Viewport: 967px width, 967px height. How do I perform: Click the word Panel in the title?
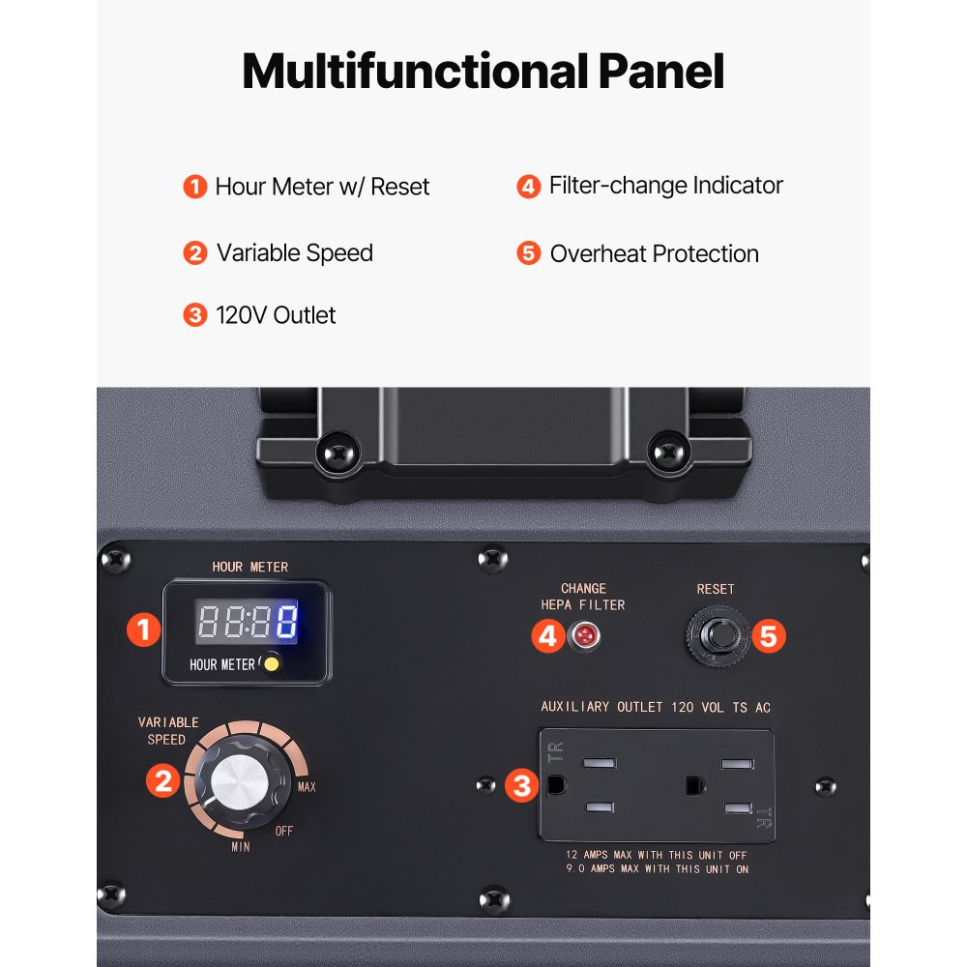tap(661, 72)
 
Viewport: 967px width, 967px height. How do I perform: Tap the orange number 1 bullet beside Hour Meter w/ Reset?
tap(195, 187)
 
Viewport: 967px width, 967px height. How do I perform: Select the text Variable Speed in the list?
tap(295, 253)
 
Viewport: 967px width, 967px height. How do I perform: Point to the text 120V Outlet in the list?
tap(276, 315)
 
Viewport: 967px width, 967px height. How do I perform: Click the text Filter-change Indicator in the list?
tap(666, 186)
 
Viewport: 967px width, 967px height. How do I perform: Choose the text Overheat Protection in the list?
tap(655, 254)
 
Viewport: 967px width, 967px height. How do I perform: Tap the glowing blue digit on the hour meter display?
tap(287, 621)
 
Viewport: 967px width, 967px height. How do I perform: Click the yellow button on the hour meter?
tap(272, 663)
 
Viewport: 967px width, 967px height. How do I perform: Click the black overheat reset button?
tap(718, 635)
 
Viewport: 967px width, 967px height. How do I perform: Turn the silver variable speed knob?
tap(241, 781)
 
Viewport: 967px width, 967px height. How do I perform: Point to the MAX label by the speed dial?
tap(307, 787)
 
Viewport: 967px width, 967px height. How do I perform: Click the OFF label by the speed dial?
tap(283, 832)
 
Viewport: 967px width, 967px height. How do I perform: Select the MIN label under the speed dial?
tap(241, 847)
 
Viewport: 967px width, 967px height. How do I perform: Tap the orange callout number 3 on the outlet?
tap(522, 785)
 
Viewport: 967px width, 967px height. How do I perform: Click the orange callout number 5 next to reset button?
tap(769, 636)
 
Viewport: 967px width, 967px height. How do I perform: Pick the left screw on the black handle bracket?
tap(337, 454)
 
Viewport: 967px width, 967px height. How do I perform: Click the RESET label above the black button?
tap(716, 590)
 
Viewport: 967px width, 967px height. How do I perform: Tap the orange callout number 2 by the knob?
tap(162, 780)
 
